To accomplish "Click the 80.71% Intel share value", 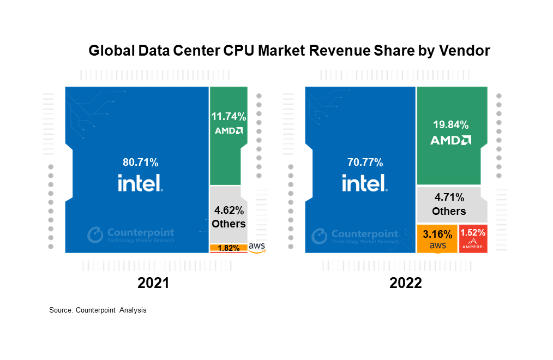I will pos(140,162).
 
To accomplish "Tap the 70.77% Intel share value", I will pos(365,162).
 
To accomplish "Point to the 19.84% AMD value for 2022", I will pos(450,123).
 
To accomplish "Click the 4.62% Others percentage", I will pos(229,210).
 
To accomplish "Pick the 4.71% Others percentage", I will pos(449,197).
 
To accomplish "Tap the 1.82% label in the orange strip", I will pos(228,248).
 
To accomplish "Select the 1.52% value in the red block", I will pos(473,233).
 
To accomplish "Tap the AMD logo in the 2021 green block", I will pos(229,131).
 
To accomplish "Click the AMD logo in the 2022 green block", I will pos(450,140).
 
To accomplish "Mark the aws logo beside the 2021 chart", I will pos(257,248).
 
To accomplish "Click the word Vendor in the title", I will pos(464,51).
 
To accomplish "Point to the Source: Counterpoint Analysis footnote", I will pos(98,310).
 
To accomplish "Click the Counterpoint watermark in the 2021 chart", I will pos(131,235).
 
